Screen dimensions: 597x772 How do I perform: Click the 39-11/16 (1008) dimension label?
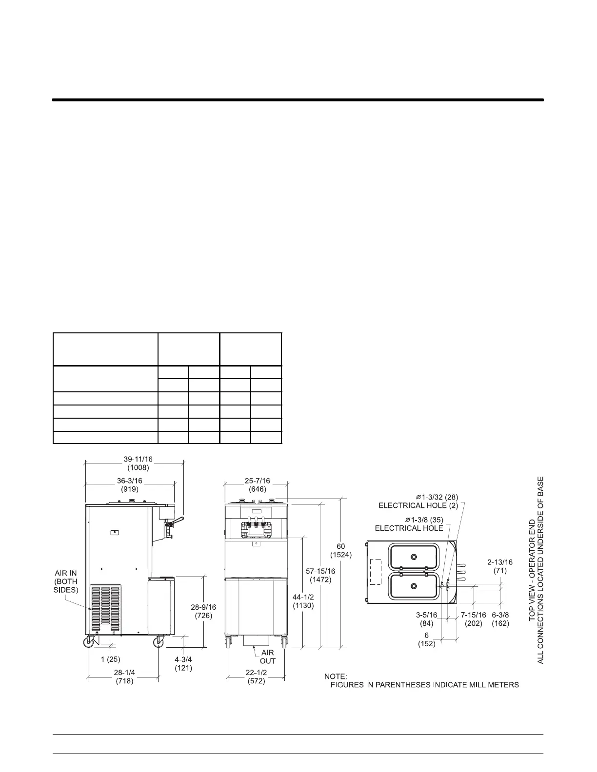tap(138, 463)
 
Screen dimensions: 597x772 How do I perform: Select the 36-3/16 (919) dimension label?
tap(129, 484)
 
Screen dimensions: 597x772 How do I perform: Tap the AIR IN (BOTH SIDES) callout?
tap(66, 581)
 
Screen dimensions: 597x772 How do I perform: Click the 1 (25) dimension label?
tap(111, 659)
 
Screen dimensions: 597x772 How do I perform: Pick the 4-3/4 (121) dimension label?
tap(183, 664)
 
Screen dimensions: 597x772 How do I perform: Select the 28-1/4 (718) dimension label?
tap(124, 677)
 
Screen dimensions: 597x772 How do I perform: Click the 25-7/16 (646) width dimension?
tap(257, 484)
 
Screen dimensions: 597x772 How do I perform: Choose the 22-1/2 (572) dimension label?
tap(256, 677)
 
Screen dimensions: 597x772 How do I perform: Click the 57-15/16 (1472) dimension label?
tap(320, 576)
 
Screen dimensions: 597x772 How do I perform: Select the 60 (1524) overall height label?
tap(340, 550)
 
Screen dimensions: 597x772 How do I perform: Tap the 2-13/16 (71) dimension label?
tap(499, 566)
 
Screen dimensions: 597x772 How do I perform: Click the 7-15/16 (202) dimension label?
tap(473, 619)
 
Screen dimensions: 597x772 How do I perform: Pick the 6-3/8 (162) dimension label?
tap(500, 619)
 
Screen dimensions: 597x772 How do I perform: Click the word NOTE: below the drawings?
tap(335, 676)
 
